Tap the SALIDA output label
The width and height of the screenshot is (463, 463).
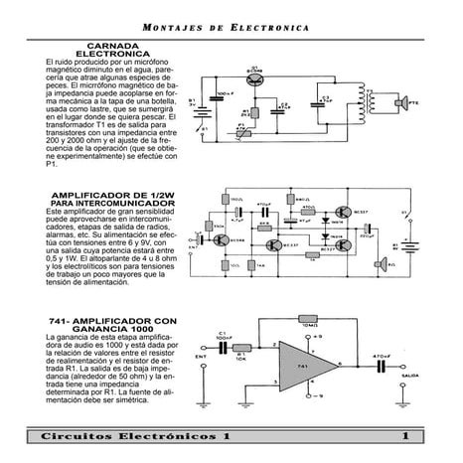[406, 378]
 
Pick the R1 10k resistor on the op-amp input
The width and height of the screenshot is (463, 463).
[241, 353]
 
